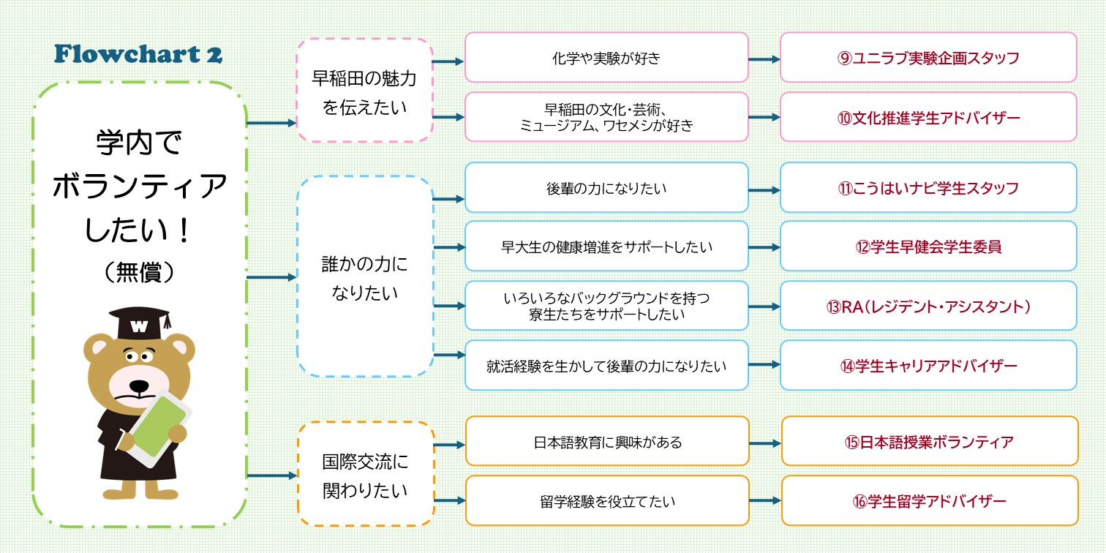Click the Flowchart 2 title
138,54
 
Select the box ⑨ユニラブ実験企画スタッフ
928,57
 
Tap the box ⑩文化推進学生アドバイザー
928,117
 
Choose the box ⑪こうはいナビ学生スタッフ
928,188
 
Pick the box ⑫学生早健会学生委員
928,247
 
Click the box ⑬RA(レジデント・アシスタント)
928,306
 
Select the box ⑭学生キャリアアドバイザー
928,365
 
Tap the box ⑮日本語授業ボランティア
928,441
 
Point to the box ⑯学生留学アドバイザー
928,500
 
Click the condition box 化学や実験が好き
606,57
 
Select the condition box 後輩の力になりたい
606,188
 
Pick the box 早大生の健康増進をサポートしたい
606,247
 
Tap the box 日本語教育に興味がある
606,441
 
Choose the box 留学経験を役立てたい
606,500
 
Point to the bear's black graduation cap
139,323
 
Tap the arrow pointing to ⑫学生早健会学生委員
764,247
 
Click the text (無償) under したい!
139,272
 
